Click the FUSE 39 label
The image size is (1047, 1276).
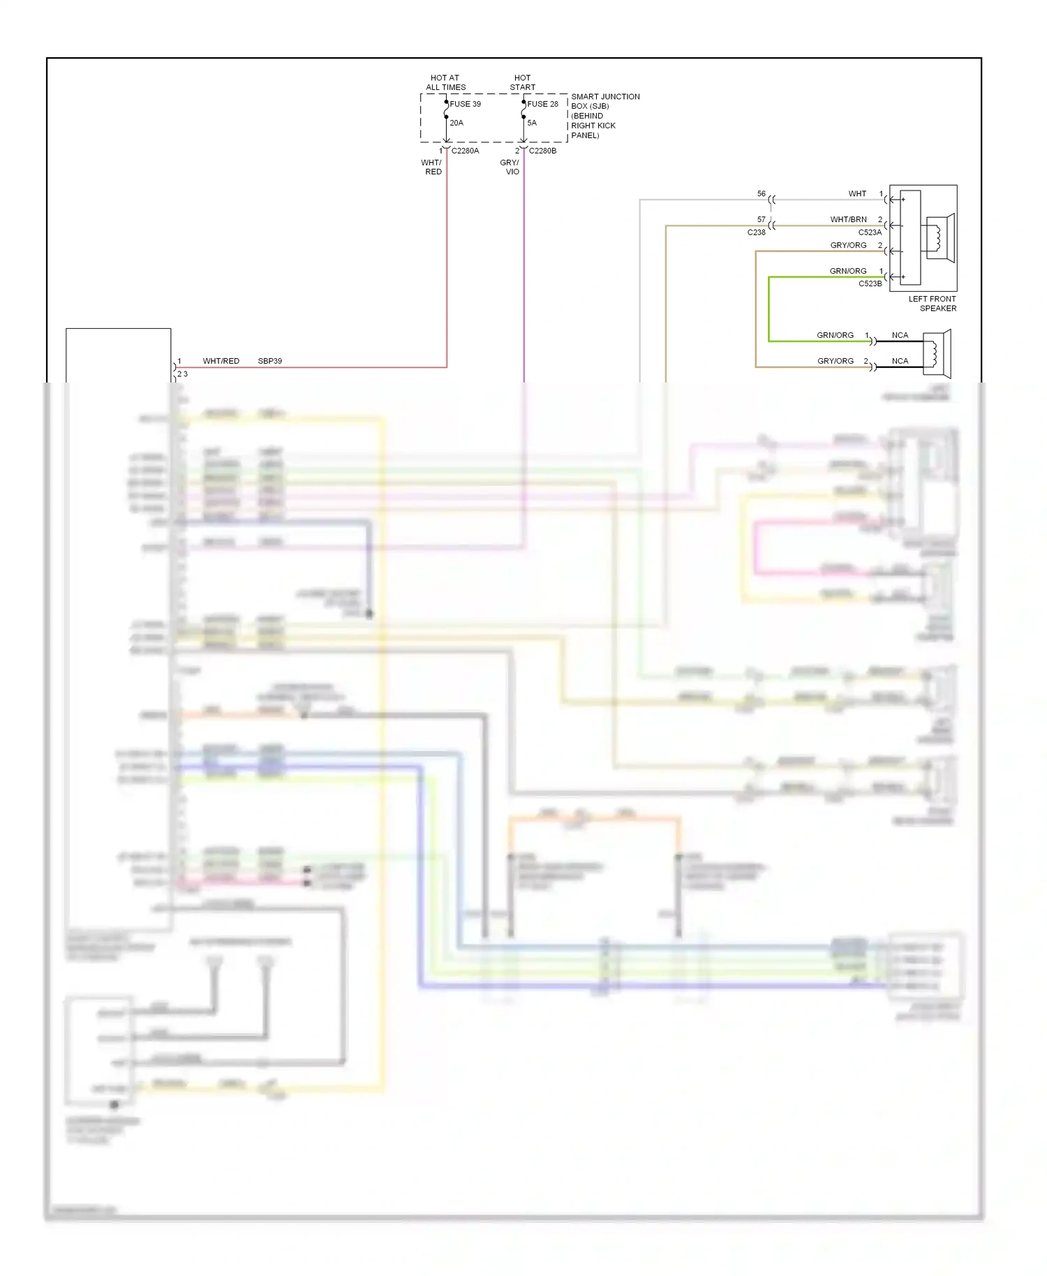pos(465,104)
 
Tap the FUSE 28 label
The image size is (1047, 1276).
pos(542,104)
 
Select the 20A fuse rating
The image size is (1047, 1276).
pos(456,123)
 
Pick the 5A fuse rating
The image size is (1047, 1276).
pos(532,123)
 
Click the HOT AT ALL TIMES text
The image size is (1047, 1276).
pos(445,82)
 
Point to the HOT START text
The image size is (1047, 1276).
pos(522,82)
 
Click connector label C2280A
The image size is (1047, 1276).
pos(465,151)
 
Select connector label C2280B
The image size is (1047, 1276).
pos(542,151)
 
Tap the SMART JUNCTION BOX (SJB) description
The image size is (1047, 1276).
pos(604,116)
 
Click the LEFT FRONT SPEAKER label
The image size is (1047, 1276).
pos(933,303)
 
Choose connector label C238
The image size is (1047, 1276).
pos(756,232)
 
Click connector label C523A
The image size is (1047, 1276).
pos(870,232)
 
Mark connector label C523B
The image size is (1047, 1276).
pos(870,284)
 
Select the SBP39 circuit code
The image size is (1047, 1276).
pos(269,361)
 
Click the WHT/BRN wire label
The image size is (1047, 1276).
pos(848,219)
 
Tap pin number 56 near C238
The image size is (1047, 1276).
pos(762,193)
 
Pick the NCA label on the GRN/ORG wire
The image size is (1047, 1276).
pos(900,335)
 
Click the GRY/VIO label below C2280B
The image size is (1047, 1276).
pos(510,167)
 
